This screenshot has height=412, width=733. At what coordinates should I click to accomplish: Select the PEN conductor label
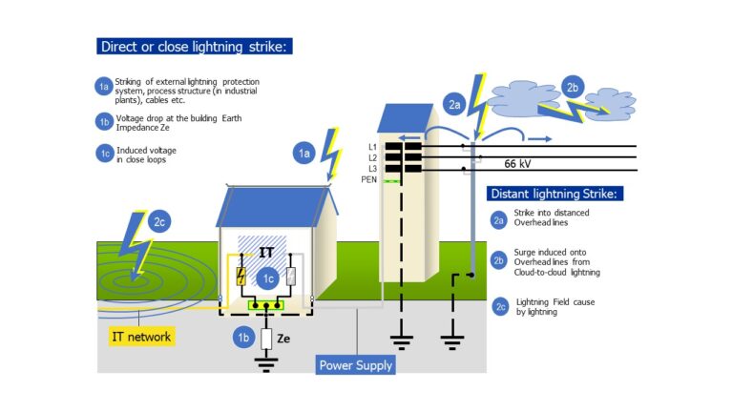click(x=370, y=179)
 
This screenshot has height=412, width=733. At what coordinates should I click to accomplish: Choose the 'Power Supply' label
click(x=355, y=364)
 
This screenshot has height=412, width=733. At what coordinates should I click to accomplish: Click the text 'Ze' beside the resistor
click(x=283, y=339)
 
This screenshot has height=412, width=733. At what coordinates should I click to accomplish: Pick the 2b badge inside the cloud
click(x=574, y=86)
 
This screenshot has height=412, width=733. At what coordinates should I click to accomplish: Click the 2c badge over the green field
click(x=161, y=221)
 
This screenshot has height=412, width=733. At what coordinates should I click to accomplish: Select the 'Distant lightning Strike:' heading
click(x=555, y=194)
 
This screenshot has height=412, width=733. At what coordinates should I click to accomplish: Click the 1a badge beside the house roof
click(x=304, y=152)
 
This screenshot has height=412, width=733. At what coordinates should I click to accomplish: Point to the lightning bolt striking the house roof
click(x=331, y=152)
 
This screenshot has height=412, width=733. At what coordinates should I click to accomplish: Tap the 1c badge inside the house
click(x=268, y=278)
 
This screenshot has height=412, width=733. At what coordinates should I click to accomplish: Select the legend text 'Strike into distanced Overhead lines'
click(x=551, y=218)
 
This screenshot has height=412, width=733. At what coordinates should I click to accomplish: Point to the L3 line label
click(x=373, y=168)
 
